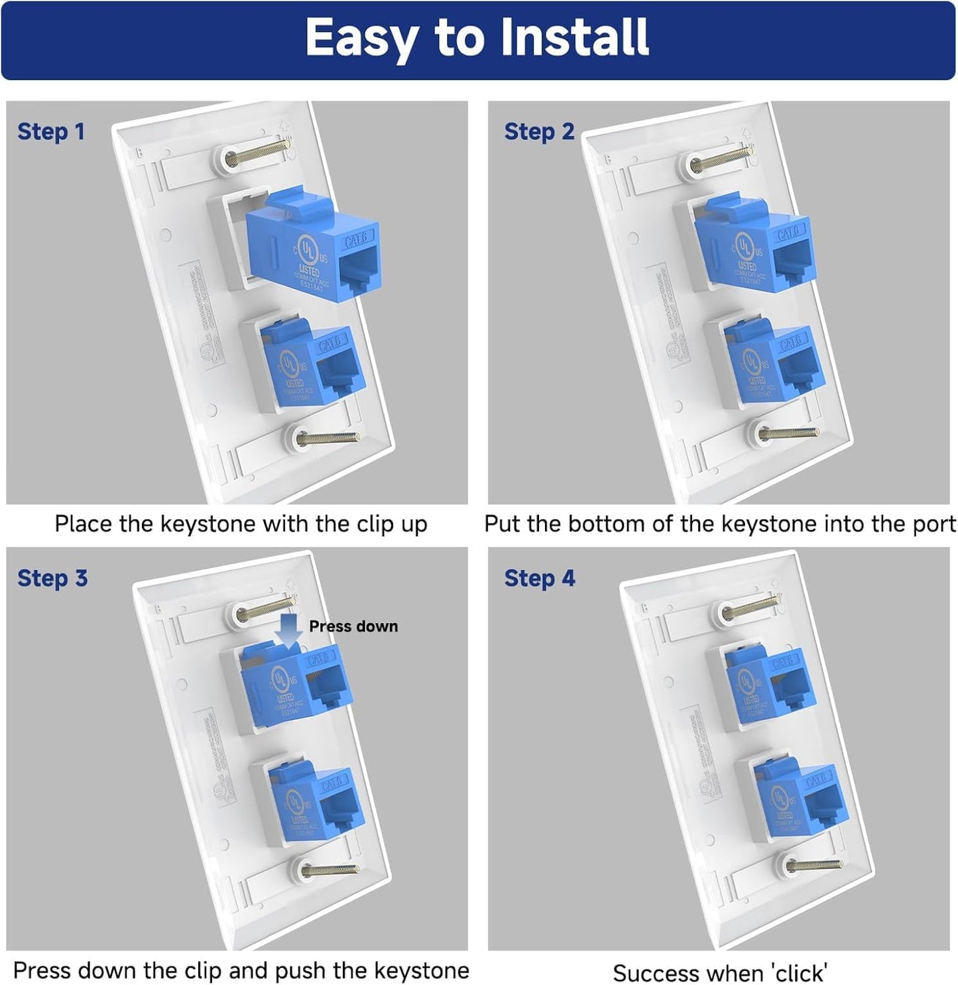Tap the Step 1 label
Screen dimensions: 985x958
coord(51,131)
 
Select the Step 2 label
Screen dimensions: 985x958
coord(538,131)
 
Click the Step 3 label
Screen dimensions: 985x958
coord(52,578)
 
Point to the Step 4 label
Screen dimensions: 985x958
coord(539,578)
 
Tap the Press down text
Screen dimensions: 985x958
coord(353,626)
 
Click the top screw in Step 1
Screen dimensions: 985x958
coord(255,154)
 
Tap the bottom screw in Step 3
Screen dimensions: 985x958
coord(328,869)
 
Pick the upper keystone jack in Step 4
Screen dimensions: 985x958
coord(768,686)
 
